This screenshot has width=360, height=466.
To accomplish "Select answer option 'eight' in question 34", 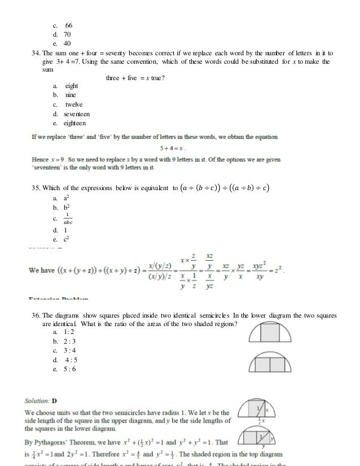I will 71,86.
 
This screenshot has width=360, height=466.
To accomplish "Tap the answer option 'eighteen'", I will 76,123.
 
